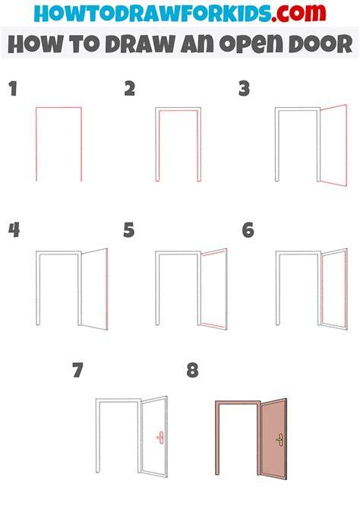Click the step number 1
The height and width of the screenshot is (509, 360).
pos(13,89)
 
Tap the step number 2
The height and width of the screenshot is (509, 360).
pos(130,89)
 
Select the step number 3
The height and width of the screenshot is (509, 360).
pos(244,89)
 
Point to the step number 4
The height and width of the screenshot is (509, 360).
pos(14,230)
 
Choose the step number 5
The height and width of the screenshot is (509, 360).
pos(129,230)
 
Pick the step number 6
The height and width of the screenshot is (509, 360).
pos(248,230)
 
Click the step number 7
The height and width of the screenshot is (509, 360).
pos(78,370)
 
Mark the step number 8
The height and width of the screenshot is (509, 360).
pos(192,370)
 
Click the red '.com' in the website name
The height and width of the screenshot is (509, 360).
pos(298,13)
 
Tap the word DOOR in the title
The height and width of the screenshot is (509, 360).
pos(321,44)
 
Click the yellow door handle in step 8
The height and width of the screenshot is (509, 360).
pos(279,439)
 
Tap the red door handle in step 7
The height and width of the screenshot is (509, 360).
pos(160,438)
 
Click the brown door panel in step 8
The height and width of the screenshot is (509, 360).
pos(273,438)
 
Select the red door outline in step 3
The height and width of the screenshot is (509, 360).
pos(346,145)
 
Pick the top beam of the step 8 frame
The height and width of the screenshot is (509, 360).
pos(238,403)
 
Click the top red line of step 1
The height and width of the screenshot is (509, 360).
pos(58,107)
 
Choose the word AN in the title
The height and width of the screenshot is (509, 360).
pos(197,44)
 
